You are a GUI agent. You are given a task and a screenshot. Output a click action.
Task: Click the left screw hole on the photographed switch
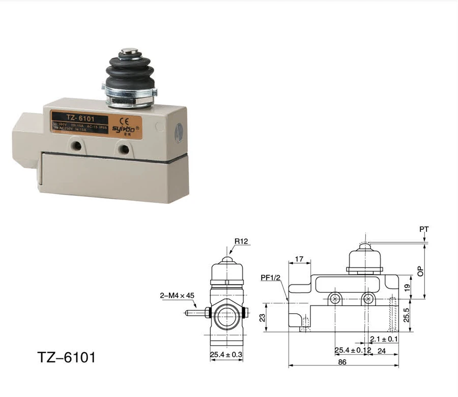click(x=77, y=146)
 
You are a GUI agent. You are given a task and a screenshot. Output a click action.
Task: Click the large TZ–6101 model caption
click(x=66, y=357)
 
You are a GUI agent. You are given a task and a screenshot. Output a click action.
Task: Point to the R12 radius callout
click(x=241, y=241)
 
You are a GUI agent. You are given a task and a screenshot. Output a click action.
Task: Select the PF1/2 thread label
click(x=270, y=278)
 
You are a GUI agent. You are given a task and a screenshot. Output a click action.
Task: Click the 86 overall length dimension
click(x=342, y=362)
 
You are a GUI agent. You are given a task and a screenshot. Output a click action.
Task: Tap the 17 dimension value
click(x=299, y=259)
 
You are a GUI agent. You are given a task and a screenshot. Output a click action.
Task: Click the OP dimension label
click(x=420, y=271)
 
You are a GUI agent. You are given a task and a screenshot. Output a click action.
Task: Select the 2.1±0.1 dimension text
click(x=384, y=338)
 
